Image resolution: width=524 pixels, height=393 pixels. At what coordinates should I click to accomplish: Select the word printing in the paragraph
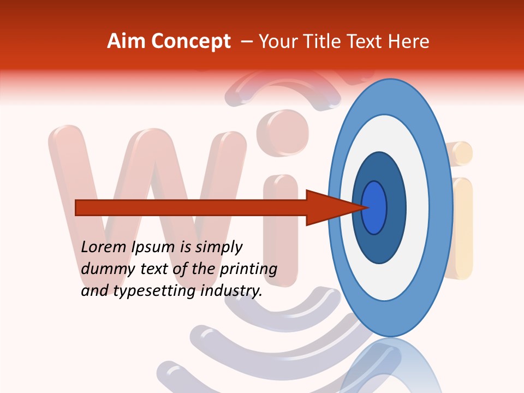click(x=248, y=269)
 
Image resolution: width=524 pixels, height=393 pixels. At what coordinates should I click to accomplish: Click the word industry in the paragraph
click(x=231, y=291)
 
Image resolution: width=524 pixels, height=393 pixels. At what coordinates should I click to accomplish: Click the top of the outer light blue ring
click(x=390, y=96)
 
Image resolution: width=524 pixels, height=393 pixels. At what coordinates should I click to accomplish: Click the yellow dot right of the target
click(x=460, y=153)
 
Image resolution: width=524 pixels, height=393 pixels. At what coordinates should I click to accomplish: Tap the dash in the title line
click(x=247, y=41)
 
